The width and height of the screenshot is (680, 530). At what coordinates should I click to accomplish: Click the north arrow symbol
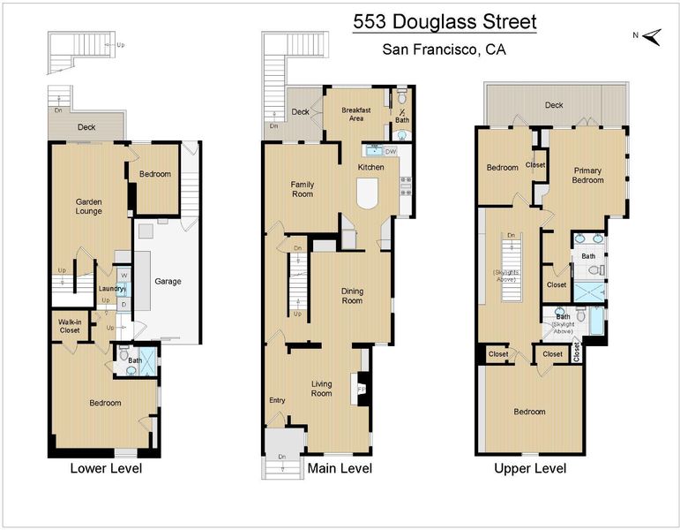[652, 37]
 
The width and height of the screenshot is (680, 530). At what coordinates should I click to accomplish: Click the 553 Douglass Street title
[445, 22]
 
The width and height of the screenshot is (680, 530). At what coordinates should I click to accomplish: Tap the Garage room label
[168, 281]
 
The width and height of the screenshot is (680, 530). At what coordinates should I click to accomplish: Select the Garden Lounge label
[89, 207]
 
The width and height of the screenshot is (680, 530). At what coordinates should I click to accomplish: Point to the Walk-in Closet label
[70, 326]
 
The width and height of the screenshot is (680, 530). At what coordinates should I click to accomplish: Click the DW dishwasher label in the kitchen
[391, 152]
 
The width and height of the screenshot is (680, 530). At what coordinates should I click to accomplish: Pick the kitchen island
[367, 193]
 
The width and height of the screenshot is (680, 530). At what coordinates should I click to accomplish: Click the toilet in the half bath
[402, 96]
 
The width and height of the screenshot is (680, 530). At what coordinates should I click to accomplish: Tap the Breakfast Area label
[356, 114]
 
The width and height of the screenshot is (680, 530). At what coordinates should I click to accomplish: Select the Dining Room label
[352, 296]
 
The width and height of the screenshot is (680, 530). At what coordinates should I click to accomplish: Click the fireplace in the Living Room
[361, 389]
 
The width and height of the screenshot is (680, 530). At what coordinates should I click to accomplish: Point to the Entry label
[277, 400]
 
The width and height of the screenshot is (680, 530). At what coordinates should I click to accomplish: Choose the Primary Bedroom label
[587, 175]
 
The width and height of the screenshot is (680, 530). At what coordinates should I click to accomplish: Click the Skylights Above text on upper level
[505, 276]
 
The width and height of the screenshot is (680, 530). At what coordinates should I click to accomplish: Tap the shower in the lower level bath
[148, 361]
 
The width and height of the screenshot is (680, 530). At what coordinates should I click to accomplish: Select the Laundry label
[111, 289]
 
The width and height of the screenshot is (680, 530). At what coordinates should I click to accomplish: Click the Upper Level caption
[530, 468]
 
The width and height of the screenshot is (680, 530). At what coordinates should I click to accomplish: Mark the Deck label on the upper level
[554, 105]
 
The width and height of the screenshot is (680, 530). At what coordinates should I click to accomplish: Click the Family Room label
[303, 189]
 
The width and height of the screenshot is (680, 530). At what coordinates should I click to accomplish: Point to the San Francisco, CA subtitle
[445, 49]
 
